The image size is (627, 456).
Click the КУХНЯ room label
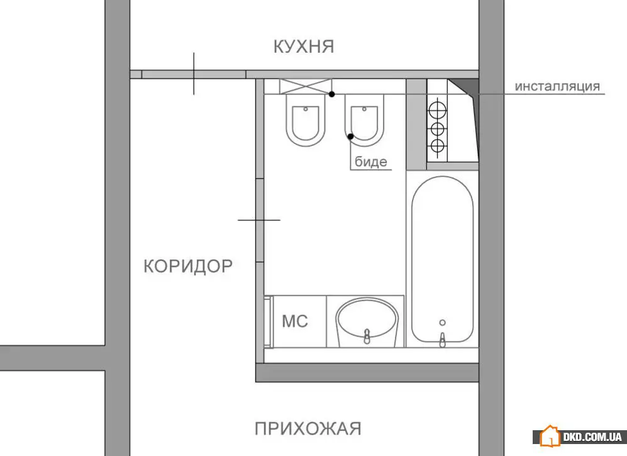click(304, 47)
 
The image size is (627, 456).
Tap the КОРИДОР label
click(188, 266)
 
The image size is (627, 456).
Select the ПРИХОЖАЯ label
click(308, 429)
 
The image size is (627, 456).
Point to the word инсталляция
click(557, 86)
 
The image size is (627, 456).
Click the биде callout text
click(371, 162)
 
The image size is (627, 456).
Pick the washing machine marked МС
click(296, 321)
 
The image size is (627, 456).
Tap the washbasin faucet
click(367, 336)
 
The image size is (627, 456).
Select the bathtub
click(442, 259)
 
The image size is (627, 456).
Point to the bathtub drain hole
click(442, 323)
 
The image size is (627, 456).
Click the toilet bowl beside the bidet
click(306, 120)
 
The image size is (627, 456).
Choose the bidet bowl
click(364, 120)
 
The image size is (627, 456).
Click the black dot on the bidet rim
click(351, 136)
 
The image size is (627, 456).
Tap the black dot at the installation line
click(331, 94)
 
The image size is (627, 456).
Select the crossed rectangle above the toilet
click(306, 86)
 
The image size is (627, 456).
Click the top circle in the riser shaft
click(437, 108)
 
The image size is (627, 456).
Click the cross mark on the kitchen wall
click(194, 74)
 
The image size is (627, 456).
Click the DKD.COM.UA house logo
click(550, 436)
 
